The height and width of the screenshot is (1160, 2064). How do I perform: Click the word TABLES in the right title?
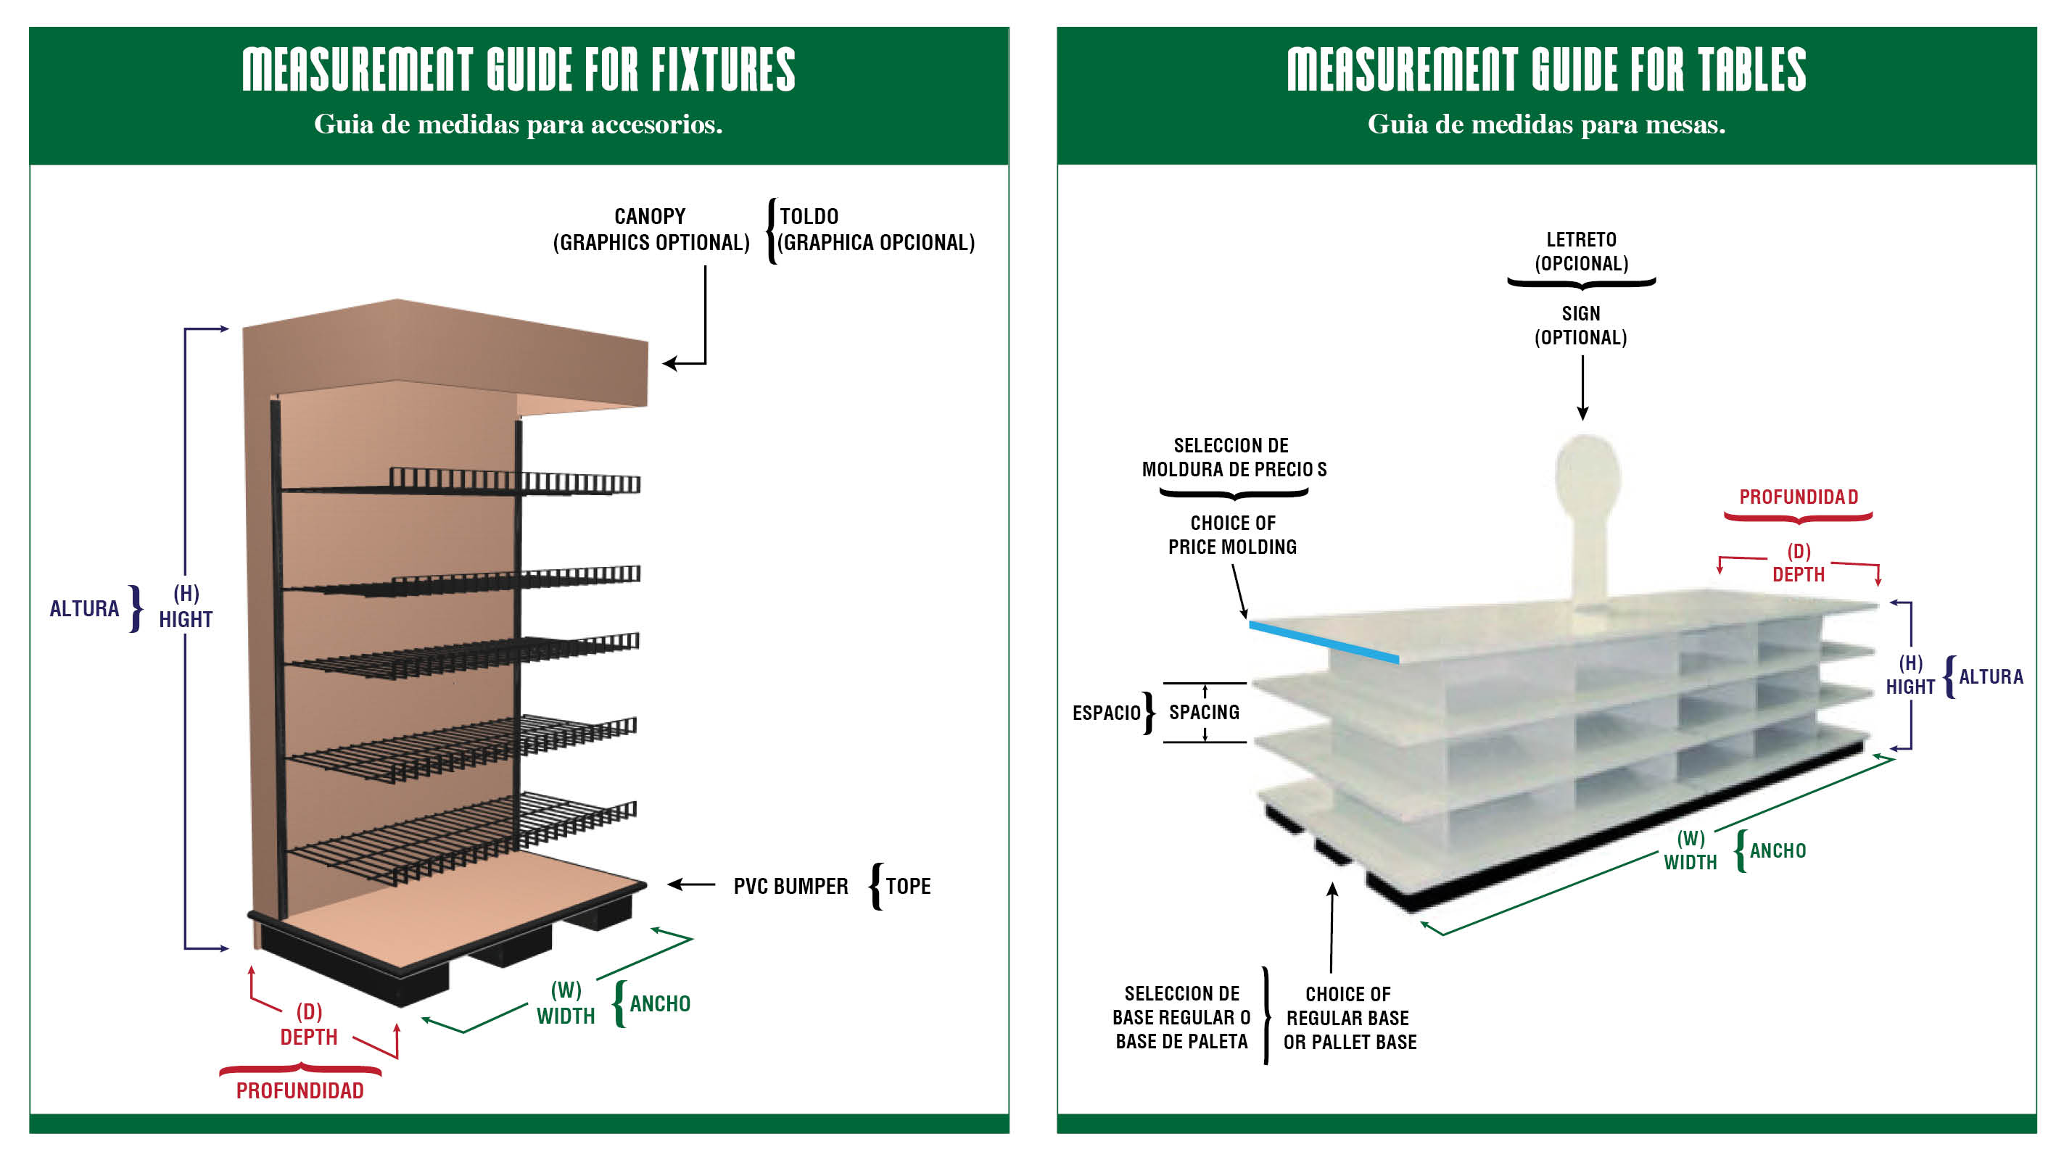pos(1752,70)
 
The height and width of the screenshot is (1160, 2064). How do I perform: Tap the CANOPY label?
pos(650,216)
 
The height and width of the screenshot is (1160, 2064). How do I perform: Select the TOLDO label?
pos(809,216)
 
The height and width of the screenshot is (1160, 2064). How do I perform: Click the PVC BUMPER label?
pos(790,886)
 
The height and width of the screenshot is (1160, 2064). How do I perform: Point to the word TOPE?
pos(908,886)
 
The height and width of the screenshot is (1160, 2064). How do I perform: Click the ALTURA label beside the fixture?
pos(84,609)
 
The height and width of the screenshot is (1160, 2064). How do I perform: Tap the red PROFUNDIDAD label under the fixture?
pos(300,1090)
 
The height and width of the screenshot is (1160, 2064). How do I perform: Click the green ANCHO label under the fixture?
pos(659,1004)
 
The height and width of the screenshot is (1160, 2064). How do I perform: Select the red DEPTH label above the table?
pos(1798,574)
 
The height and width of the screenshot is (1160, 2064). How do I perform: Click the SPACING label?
pos(1205,712)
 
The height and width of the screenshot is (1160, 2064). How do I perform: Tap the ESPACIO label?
pos(1106,713)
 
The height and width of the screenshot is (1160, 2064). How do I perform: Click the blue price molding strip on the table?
pos(1323,642)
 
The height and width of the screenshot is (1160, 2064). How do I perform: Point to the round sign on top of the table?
pos(1588,476)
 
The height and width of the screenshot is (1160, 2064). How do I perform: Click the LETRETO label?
pos(1581,239)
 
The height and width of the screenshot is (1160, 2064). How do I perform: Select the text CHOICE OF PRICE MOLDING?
pos(1232,535)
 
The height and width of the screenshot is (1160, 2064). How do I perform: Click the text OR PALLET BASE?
pos(1350,1043)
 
